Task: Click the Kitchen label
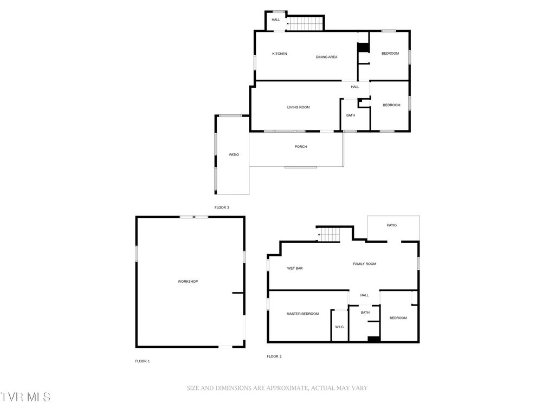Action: pos(280,54)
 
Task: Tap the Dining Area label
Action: pos(327,57)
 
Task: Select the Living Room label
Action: pos(299,107)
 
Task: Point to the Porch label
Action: pos(301,146)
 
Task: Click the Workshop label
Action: pos(188,281)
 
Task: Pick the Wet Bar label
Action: pos(295,268)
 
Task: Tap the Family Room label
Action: pos(365,264)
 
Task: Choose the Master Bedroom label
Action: pos(302,314)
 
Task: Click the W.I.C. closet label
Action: pos(340,327)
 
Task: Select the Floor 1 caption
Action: pos(143,361)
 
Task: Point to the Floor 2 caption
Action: pos(274,356)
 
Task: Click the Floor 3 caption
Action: pos(222,207)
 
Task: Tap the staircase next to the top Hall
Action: pos(305,24)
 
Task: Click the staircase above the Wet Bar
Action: pos(329,235)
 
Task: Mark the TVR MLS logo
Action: pos(25,397)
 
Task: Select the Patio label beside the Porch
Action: pos(234,155)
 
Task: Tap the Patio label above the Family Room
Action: pos(392,225)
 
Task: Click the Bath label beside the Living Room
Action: pos(351,115)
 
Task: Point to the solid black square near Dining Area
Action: pos(363,48)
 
